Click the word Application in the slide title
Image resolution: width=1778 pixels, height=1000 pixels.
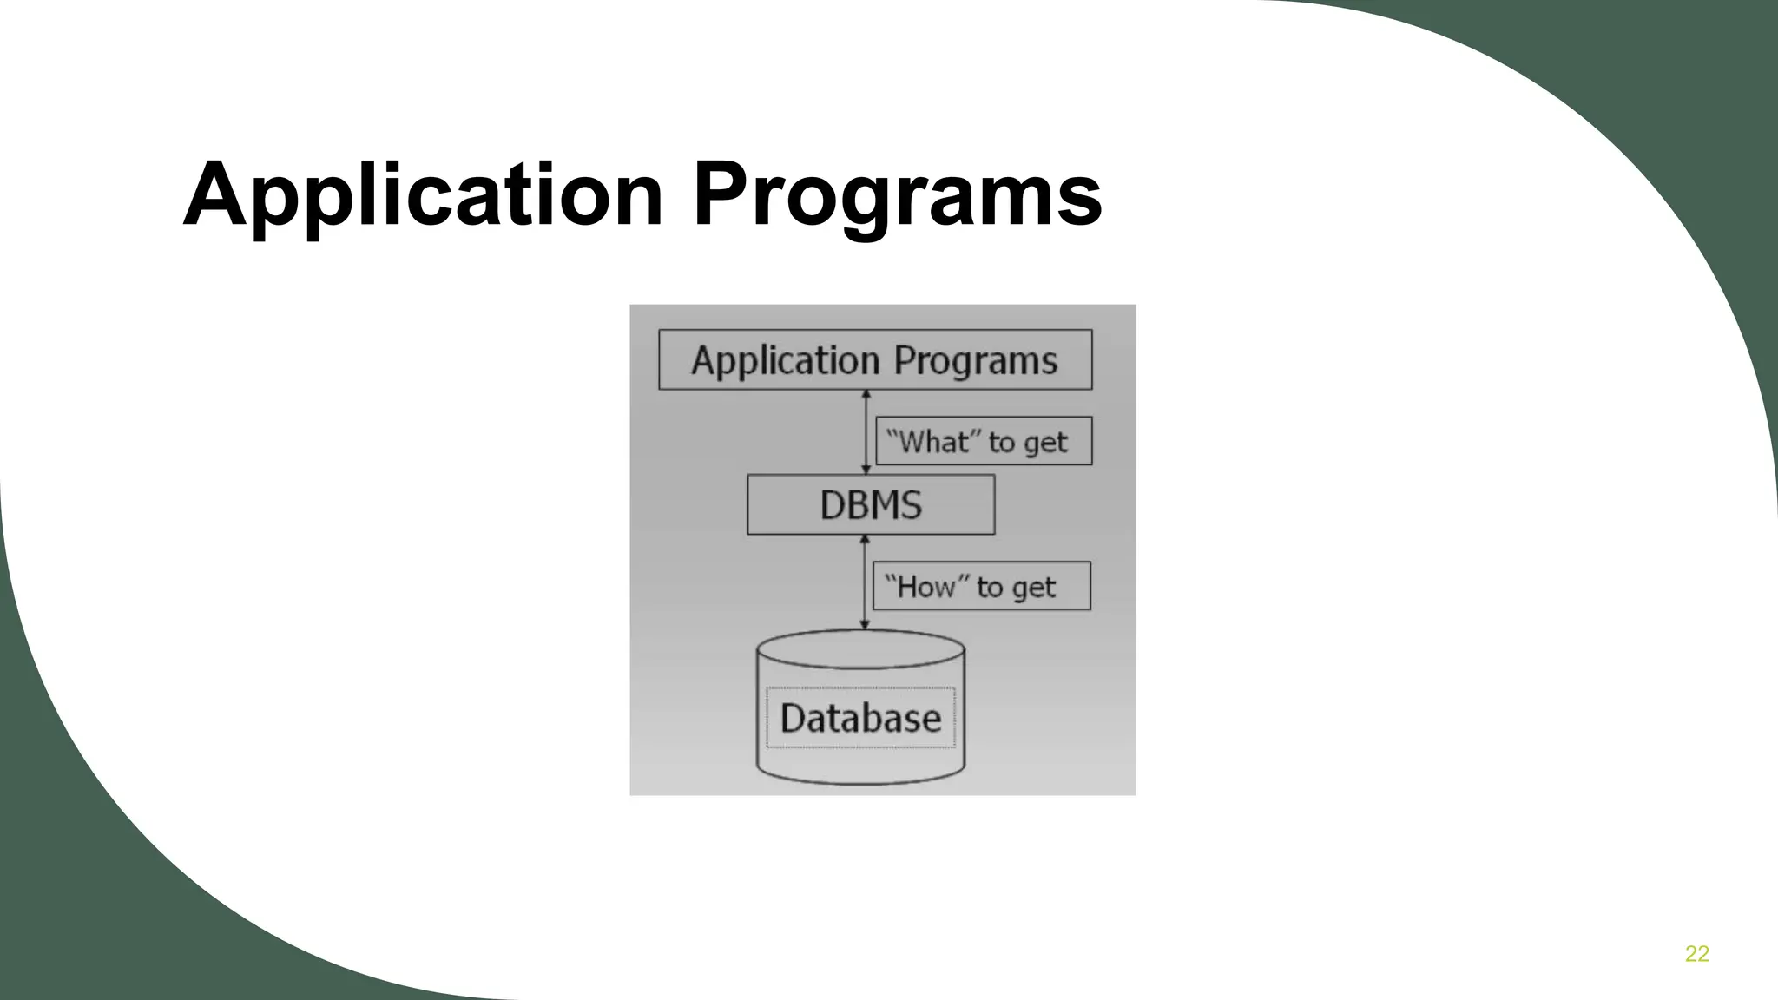tap(423, 195)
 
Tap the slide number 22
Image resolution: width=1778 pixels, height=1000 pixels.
tap(1696, 954)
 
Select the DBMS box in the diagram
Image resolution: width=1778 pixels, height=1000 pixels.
tap(871, 504)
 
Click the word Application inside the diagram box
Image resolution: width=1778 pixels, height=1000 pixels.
tap(785, 360)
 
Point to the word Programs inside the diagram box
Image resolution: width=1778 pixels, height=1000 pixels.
tap(976, 360)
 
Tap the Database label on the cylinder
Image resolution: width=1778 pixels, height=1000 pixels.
tap(860, 718)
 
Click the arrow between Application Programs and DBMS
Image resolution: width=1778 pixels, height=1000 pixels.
tap(866, 432)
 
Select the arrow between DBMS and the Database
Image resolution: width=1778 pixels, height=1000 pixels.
tap(864, 582)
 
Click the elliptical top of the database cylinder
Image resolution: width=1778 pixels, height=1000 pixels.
tap(860, 648)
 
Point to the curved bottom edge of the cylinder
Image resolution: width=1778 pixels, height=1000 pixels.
tap(860, 781)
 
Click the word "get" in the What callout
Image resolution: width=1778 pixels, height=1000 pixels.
tap(1045, 444)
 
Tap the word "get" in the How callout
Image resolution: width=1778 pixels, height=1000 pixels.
tap(1034, 589)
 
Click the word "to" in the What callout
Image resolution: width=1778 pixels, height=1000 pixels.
tap(1001, 443)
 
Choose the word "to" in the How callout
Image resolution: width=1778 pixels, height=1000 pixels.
tap(990, 588)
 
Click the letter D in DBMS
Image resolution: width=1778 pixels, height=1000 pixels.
tap(832, 505)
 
